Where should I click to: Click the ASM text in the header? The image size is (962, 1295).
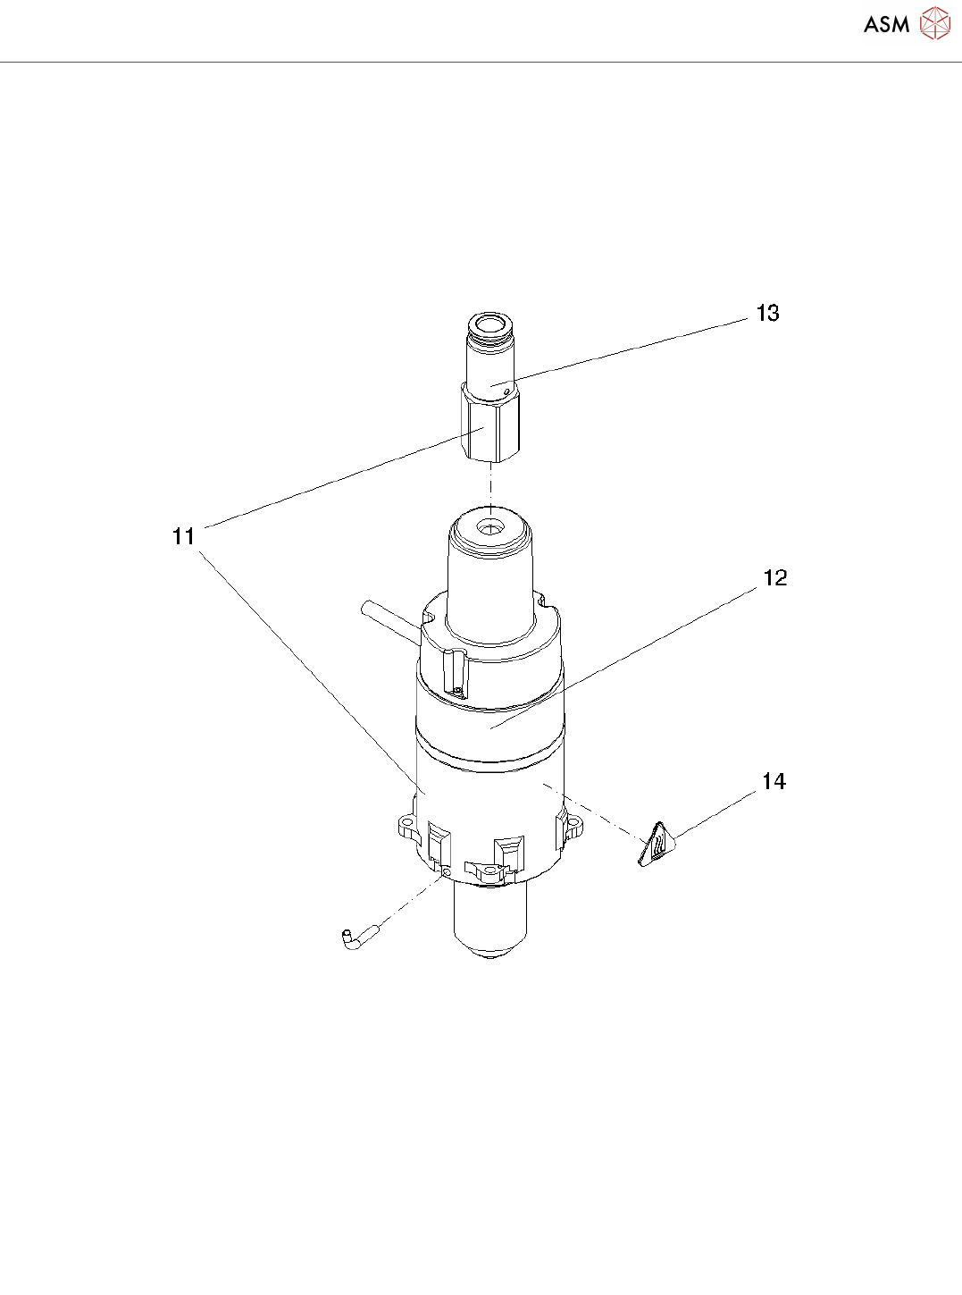click(886, 24)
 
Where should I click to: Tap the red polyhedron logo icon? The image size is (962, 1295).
click(935, 23)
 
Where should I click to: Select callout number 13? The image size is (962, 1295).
click(767, 314)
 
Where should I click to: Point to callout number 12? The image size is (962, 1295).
click(775, 578)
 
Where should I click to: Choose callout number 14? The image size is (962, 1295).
click(774, 781)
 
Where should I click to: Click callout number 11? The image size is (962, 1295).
click(183, 536)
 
